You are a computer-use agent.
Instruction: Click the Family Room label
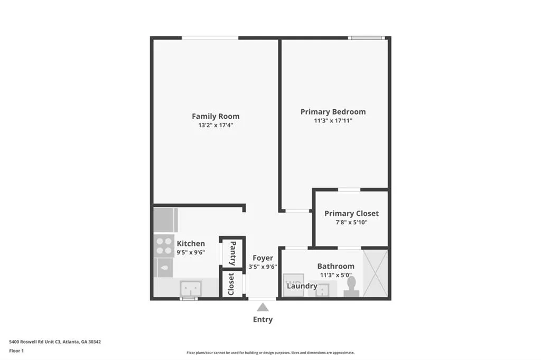point(216,116)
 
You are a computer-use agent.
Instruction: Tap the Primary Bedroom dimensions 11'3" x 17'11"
point(333,121)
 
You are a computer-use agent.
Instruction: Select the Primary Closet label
point(351,213)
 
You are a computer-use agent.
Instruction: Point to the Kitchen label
point(191,243)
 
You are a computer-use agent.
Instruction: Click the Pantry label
point(232,253)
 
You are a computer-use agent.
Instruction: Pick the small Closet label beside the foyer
point(231,284)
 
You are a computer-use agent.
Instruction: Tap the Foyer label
point(263,258)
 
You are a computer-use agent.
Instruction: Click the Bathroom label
point(335,266)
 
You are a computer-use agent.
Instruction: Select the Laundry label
point(303,286)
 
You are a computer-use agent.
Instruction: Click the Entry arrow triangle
point(263,307)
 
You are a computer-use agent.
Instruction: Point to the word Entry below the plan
point(263,319)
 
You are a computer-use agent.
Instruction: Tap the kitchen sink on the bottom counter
point(190,288)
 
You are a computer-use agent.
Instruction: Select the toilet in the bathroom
point(351,286)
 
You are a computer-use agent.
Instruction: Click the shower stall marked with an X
point(376,273)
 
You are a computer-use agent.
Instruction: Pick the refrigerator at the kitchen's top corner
point(165,220)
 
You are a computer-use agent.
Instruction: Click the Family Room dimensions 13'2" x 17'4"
point(216,126)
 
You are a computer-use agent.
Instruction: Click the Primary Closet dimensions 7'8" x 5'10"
point(351,222)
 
